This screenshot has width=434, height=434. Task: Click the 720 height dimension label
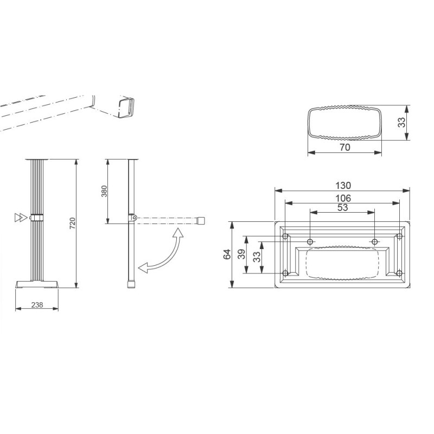point(72,223)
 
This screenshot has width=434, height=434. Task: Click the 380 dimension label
point(105,191)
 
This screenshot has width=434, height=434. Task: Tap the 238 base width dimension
point(37,305)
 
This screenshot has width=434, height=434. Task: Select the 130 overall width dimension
point(343,185)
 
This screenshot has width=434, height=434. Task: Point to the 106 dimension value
point(343,198)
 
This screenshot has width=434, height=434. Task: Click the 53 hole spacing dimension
point(343,207)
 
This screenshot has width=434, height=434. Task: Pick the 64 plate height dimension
point(227,254)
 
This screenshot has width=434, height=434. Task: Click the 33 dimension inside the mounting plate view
point(257,256)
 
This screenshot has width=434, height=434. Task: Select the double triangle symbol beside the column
point(20,218)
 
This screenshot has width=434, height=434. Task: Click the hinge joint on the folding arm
point(132,218)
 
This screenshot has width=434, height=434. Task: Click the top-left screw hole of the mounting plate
point(285,237)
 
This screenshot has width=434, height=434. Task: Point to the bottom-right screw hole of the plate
point(399,272)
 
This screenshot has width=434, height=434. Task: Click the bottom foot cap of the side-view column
point(131,284)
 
